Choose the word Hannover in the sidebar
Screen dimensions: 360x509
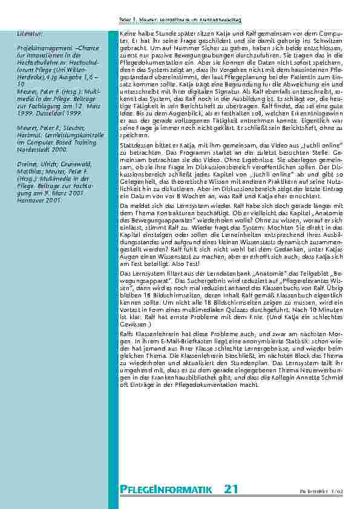click(x=30, y=200)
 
